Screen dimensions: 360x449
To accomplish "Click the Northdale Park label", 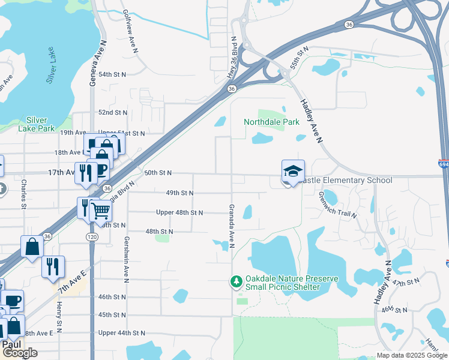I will pyautogui.click(x=271, y=122).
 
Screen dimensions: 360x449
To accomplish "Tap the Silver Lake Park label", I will pyautogui.click(x=37, y=124).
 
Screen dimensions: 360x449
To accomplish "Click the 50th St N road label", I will pyautogui.click(x=158, y=173).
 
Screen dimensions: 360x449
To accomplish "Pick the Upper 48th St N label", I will pyautogui.click(x=179, y=212).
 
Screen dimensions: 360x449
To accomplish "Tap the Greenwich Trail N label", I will pyautogui.click(x=338, y=205).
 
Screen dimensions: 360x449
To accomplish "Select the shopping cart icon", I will pyautogui.click(x=101, y=211).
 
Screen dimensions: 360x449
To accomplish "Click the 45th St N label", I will pyautogui.click(x=112, y=314).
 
